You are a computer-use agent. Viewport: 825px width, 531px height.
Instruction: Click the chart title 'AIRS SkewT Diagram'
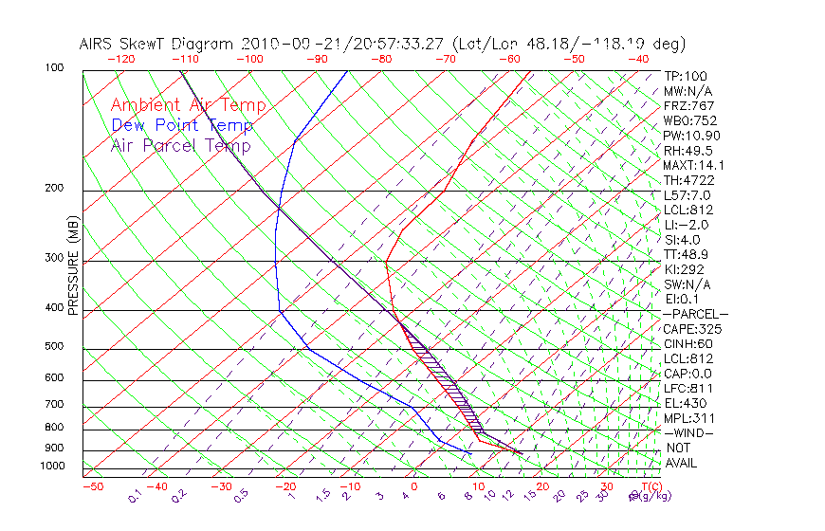click(157, 45)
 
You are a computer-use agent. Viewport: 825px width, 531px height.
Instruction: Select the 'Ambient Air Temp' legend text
click(188, 105)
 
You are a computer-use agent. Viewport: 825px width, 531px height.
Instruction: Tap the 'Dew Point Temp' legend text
click(181, 125)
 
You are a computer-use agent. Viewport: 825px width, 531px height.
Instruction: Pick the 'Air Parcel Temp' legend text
click(180, 145)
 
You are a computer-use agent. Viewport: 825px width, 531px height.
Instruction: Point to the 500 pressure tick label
click(54, 347)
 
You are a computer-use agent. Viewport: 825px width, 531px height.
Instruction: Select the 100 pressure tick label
click(54, 68)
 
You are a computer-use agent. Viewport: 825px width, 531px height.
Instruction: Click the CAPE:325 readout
click(692, 329)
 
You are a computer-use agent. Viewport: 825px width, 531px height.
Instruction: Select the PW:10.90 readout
click(688, 136)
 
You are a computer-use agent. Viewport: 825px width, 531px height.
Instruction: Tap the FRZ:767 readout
click(689, 105)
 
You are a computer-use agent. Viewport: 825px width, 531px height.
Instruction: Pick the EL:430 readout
click(685, 403)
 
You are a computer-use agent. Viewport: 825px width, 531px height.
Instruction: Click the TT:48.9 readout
click(687, 254)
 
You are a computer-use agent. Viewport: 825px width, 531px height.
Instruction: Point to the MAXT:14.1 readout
click(694, 165)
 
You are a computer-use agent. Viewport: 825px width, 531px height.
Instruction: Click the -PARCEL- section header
click(696, 314)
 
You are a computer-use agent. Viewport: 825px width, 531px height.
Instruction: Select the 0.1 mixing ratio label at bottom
click(136, 495)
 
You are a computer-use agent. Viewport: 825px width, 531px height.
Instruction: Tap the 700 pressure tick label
click(54, 405)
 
